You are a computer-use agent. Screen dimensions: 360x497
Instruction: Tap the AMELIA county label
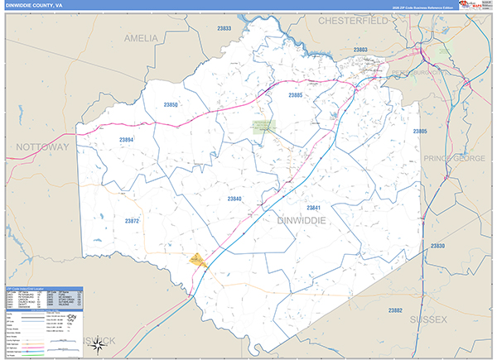140,38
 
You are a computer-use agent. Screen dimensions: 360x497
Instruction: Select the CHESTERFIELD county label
353,19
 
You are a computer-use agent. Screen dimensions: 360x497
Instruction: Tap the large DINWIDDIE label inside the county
295,220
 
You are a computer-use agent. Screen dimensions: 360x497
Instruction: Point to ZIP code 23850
171,104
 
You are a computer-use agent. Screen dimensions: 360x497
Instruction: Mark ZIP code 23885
296,95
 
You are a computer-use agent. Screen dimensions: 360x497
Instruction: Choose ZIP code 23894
126,140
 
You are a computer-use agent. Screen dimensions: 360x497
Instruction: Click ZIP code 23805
420,132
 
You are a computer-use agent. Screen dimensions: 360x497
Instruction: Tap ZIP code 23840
234,199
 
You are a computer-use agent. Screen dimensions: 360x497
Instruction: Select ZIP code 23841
313,207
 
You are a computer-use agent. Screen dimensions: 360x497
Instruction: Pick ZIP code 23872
133,221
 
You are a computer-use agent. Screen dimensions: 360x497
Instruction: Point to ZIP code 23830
437,247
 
